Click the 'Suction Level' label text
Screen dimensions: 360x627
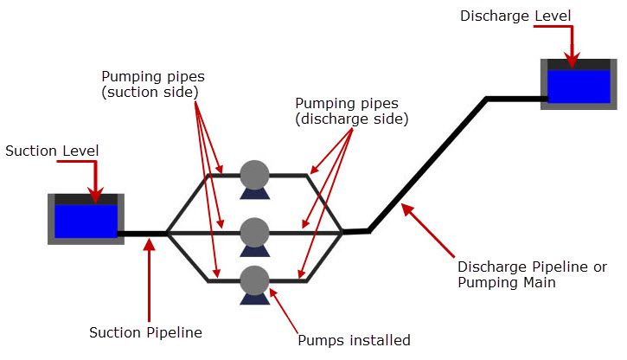point(52,151)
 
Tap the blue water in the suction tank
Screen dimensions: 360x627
point(85,221)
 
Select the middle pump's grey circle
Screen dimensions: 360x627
point(254,231)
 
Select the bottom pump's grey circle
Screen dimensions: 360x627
point(254,280)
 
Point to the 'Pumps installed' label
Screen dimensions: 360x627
point(353,339)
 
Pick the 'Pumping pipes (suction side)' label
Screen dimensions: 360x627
point(153,83)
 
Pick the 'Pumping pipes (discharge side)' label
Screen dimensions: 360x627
point(351,111)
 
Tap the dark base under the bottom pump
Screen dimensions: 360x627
point(254,299)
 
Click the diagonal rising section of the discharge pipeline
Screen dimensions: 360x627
point(428,164)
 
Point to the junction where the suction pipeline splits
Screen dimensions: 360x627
point(167,233)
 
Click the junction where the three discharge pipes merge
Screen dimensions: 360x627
point(342,232)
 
